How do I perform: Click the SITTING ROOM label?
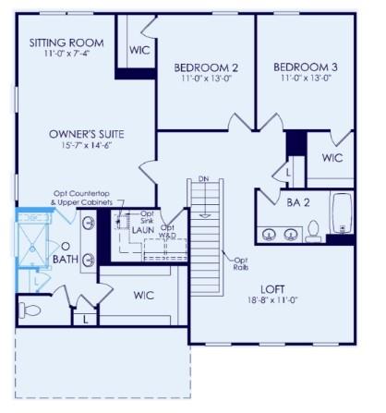[66, 43]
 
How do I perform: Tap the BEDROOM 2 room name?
[206, 67]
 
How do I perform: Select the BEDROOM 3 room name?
[305, 67]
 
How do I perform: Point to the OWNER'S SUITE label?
[86, 134]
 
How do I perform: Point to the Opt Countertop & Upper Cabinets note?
[82, 197]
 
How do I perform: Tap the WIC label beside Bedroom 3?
[332, 158]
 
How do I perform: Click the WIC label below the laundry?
[142, 296]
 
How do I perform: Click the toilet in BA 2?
[312, 229]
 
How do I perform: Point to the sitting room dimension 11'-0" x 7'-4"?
[66, 55]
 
